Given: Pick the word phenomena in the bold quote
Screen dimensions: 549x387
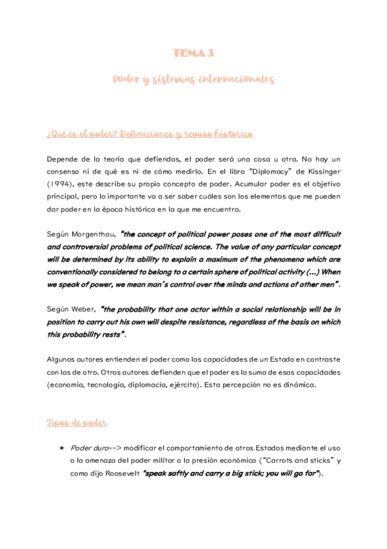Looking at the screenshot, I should click(x=287, y=259).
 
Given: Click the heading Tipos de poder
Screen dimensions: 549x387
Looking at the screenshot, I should click(x=77, y=423).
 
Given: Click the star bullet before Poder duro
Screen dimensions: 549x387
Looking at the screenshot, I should click(x=61, y=448).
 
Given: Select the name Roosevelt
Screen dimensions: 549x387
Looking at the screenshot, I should click(x=119, y=473).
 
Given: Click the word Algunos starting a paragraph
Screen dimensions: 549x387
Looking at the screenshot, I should click(x=63, y=360).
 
